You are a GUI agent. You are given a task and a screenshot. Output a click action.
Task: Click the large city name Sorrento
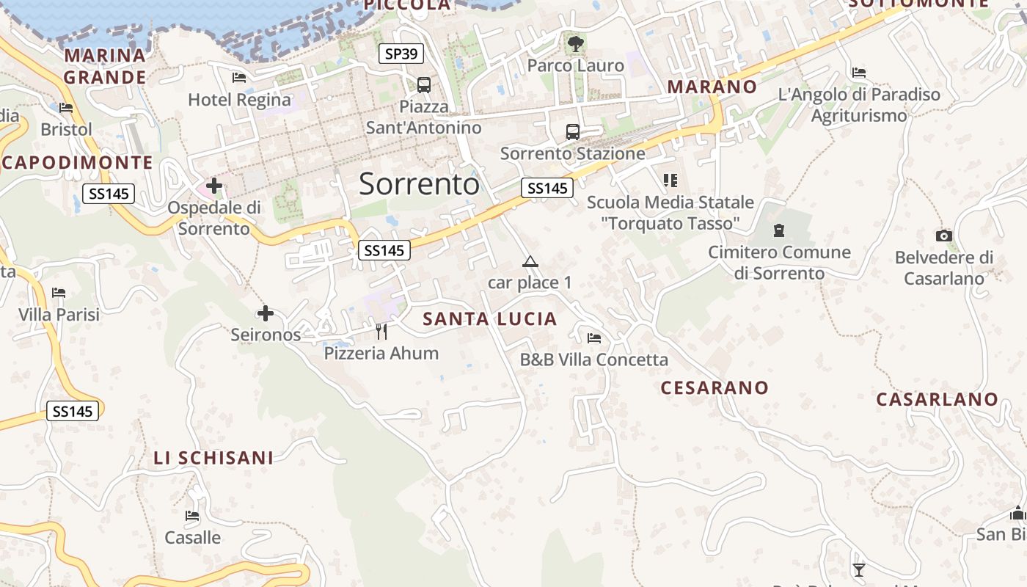pos(419,183)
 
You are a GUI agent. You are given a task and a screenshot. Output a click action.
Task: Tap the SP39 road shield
pos(401,54)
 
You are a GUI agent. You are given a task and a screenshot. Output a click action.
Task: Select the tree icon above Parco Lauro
pos(576,43)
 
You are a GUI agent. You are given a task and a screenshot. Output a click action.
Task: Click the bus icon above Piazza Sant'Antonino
pos(424,84)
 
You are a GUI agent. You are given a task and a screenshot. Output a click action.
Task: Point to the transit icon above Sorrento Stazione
pos(573,132)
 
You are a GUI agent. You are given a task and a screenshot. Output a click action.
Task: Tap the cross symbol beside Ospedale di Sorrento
pos(214,186)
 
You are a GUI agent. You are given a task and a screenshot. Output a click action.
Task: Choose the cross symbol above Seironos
pos(266,313)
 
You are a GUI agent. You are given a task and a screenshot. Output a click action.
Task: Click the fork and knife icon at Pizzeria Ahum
pos(381,332)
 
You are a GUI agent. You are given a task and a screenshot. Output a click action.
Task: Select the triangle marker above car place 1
pos(530,261)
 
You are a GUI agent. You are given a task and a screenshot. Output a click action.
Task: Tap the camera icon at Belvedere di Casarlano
pos(944,236)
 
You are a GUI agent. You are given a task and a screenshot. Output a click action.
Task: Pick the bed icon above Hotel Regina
pos(239,77)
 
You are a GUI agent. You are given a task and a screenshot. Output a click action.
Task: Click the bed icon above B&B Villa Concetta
pos(594,338)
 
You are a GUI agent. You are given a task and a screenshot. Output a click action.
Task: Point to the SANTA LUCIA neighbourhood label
pos(490,319)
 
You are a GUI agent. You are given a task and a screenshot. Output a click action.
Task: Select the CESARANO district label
pos(714,387)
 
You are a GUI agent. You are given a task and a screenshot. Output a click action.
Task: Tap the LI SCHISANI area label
pos(213,458)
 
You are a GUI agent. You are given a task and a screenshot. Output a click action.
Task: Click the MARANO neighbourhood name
pos(712,87)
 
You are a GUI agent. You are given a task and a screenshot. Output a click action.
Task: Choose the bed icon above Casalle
pos(192,516)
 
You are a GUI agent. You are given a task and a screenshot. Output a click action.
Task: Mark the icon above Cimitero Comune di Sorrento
pos(778,230)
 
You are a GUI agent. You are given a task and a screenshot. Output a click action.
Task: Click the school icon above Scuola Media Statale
pos(670,180)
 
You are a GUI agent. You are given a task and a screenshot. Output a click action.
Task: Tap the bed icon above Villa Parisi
pos(59,293)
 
